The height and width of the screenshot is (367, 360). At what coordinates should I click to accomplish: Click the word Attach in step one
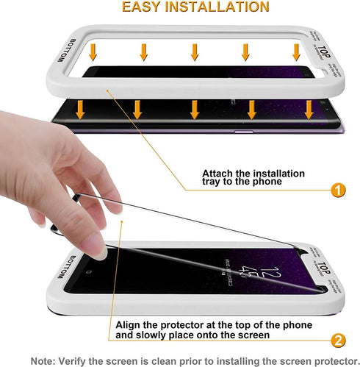(219, 174)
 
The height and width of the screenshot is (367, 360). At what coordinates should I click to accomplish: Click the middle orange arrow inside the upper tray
(195, 51)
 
